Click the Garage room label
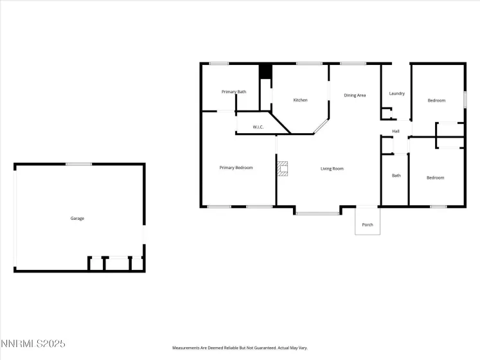77,219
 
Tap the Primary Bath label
234,92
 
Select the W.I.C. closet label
258,127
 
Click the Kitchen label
300,100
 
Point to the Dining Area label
355,95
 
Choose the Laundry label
397,94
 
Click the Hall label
396,132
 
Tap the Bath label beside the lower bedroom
396,175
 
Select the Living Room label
332,169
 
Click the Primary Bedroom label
236,168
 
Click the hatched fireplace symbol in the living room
283,169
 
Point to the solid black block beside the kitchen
265,72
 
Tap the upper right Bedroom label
436,100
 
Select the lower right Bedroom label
436,178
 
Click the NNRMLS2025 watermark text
33,344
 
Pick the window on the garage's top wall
78,164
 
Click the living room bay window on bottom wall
317,213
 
